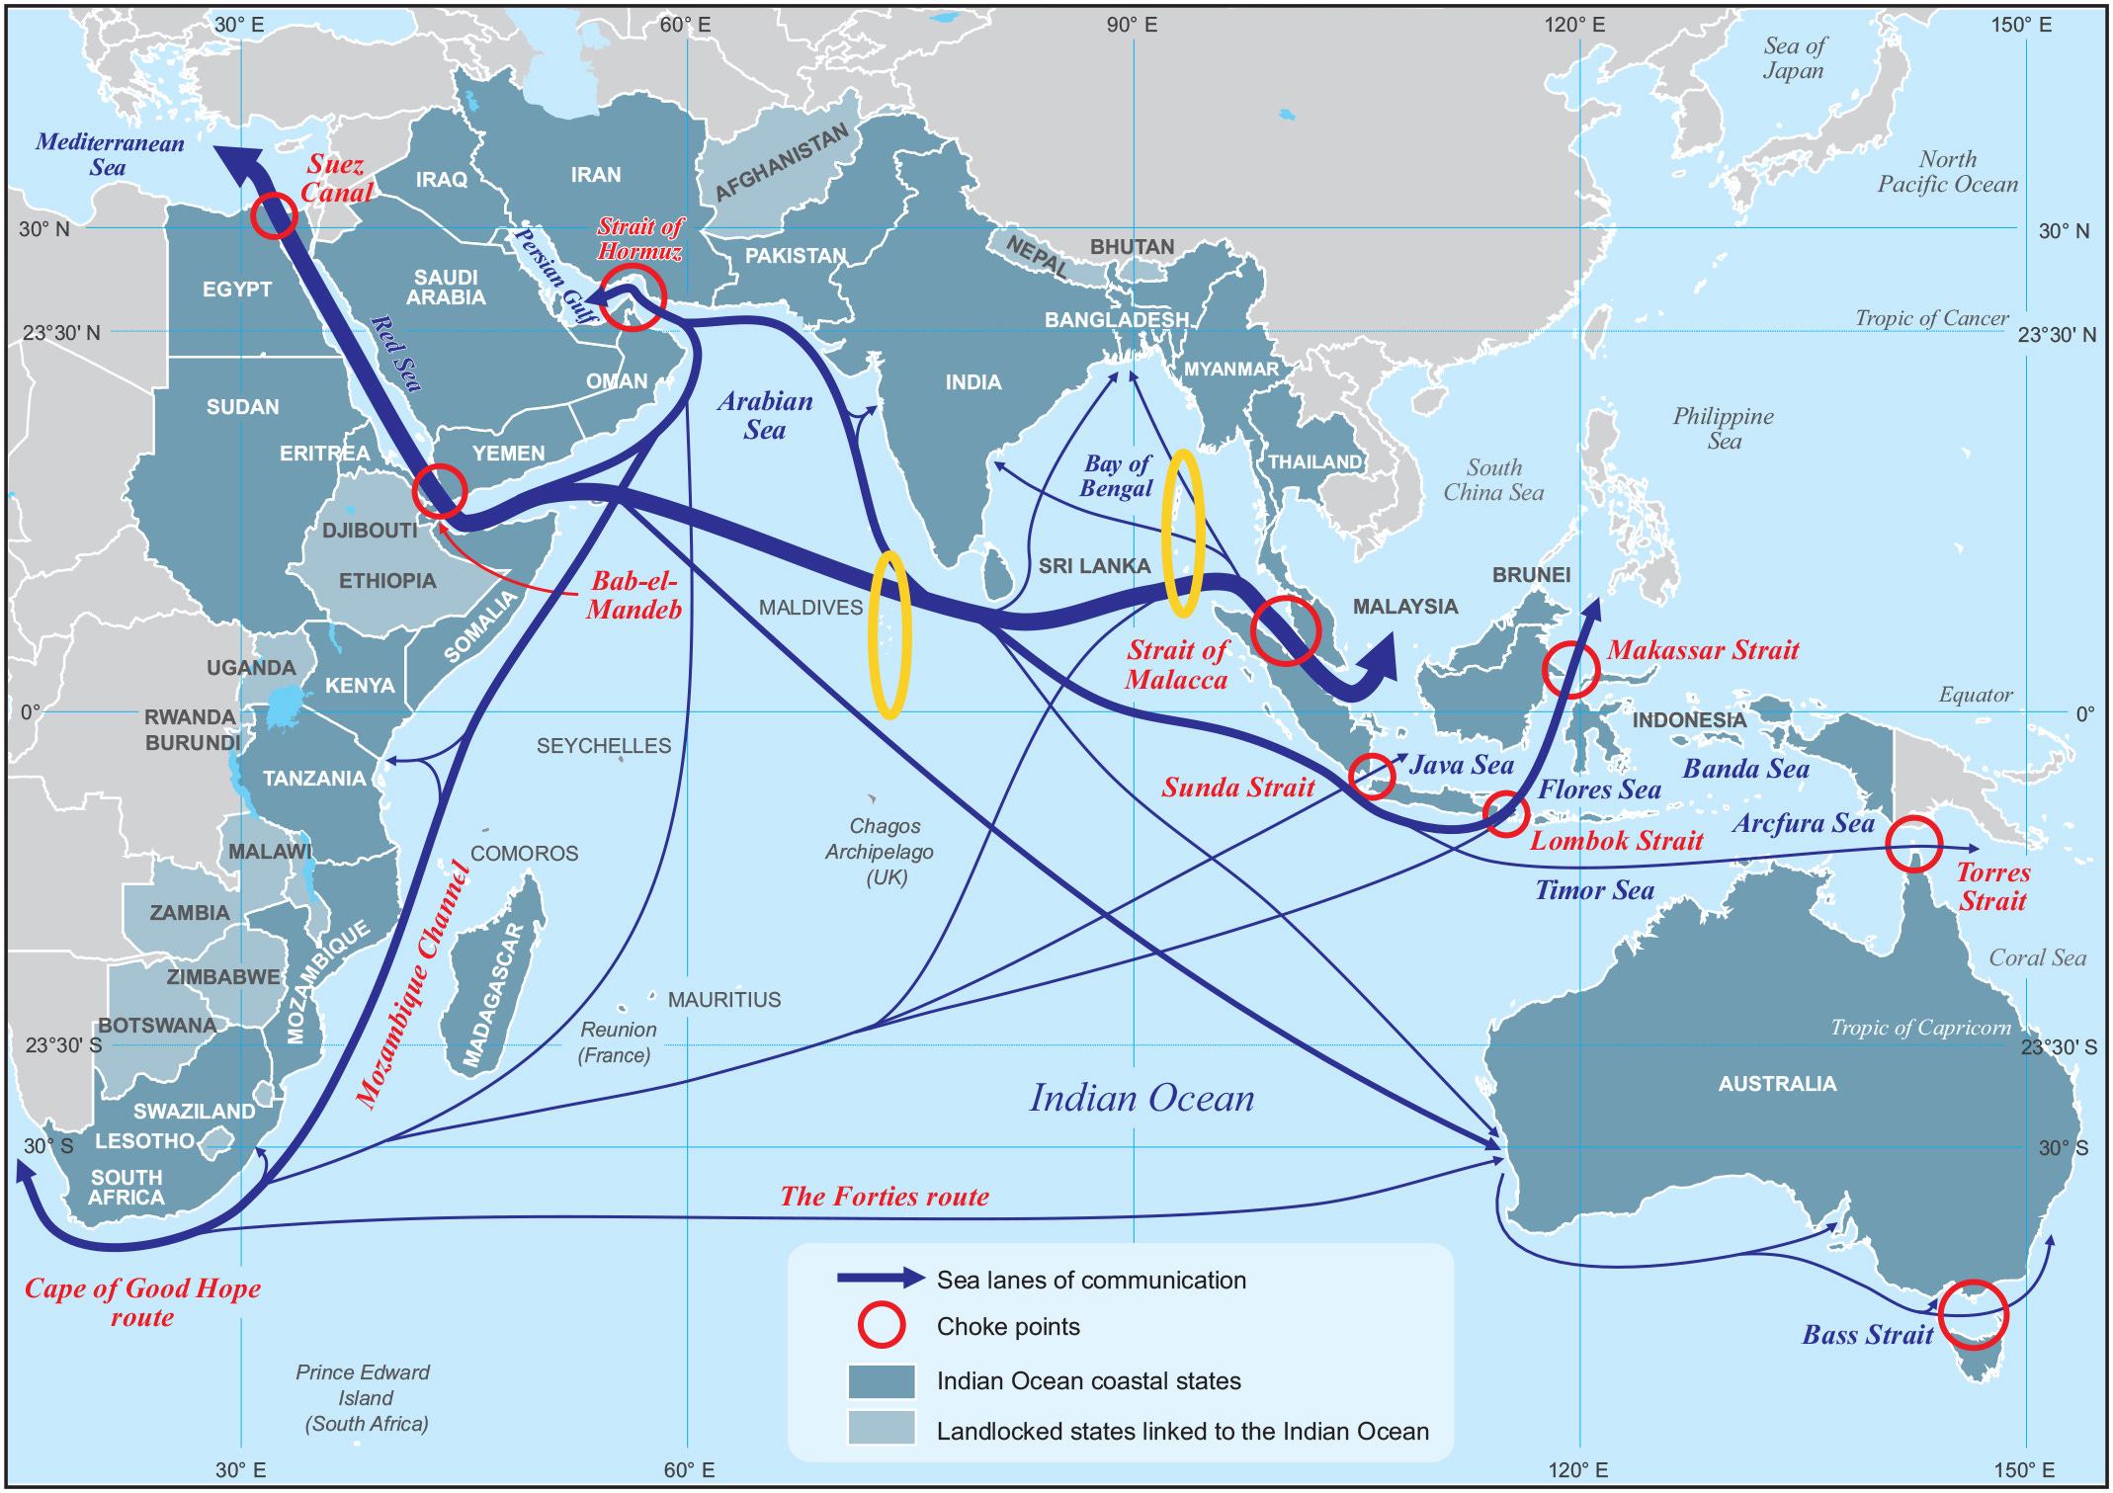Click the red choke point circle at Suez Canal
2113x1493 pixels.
coord(274,214)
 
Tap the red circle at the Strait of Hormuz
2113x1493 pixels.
coord(633,296)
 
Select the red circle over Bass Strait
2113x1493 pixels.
coord(1973,1314)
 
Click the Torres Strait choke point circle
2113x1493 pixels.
coord(1914,844)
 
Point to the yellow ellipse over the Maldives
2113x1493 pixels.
coord(889,634)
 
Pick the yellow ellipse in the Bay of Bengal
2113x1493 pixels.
coord(1183,534)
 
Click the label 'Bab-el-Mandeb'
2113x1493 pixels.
coord(634,595)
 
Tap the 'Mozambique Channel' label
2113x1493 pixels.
coord(412,984)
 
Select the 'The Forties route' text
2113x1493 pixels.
coord(885,1197)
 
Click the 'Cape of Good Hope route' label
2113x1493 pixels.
coord(142,1302)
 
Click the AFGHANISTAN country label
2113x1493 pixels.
coord(781,161)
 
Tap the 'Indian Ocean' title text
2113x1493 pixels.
coord(1141,1098)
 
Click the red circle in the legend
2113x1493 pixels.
coord(881,1325)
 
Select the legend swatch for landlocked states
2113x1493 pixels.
coord(881,1427)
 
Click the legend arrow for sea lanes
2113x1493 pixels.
coord(881,1278)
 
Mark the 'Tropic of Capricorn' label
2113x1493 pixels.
coord(1920,1028)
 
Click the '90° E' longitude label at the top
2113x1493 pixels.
coord(1132,25)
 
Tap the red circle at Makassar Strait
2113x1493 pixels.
coord(1569,669)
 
